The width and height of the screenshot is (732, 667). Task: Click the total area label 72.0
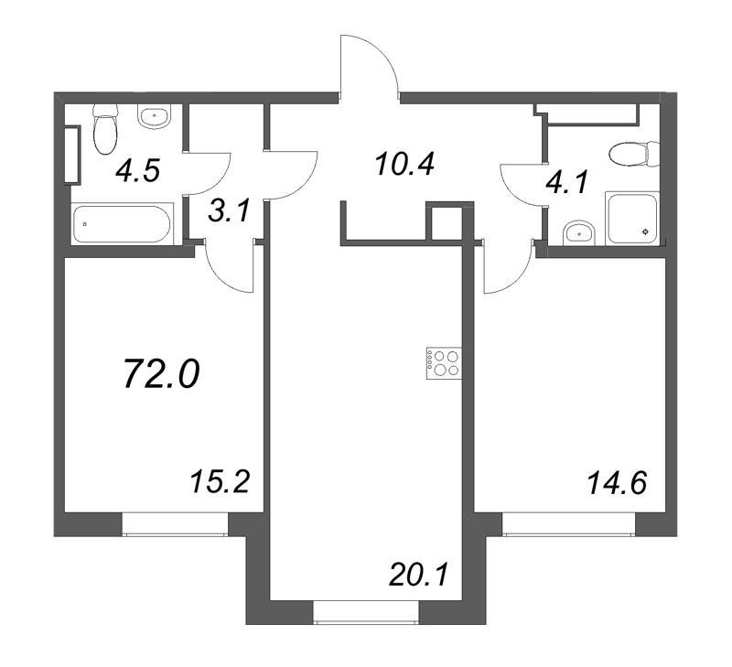pos(162,375)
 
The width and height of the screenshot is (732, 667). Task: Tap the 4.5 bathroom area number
pos(138,170)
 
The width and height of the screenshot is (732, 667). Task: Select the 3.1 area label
pos(230,212)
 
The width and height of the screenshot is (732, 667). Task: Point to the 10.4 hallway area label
pos(404,164)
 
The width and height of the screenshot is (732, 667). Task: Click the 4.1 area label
pos(567,182)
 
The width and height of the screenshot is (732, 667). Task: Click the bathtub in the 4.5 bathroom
pos(123,223)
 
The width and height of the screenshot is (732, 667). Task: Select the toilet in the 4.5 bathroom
pos(104,129)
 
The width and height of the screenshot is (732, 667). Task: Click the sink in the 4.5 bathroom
pos(155,116)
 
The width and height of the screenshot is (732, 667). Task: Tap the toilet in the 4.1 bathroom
pos(635,153)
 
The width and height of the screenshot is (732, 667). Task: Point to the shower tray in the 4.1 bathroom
pos(631,218)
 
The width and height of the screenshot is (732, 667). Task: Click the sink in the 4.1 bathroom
pos(578,232)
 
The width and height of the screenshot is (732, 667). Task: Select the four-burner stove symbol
pos(444,363)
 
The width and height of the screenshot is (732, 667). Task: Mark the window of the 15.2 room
pos(175,523)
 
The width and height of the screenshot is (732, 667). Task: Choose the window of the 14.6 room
pos(568,523)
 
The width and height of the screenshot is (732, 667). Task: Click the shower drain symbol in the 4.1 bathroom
pos(646,231)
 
